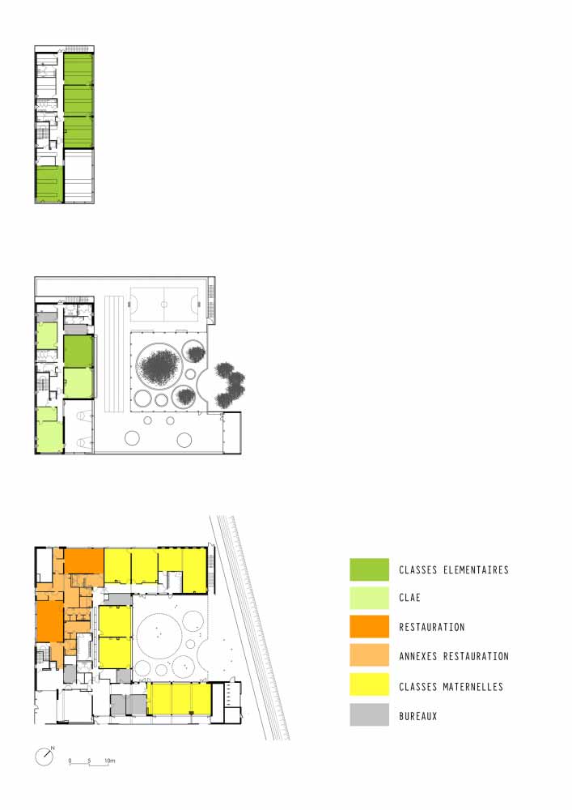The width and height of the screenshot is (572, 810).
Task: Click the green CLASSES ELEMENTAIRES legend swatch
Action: point(369,569)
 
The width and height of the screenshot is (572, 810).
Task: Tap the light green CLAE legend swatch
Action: point(369,598)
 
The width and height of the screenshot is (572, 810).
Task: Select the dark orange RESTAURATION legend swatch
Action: point(369,627)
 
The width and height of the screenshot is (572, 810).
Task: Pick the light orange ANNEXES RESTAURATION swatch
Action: point(369,655)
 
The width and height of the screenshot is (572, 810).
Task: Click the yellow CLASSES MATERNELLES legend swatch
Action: point(369,685)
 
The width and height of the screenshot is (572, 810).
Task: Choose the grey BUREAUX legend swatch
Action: point(369,715)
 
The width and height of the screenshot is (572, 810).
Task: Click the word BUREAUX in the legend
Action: point(417,716)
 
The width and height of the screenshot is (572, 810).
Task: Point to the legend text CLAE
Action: point(409,598)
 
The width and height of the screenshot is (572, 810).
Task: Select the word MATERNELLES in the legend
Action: point(473,687)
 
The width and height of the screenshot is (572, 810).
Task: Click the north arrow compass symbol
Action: point(44,757)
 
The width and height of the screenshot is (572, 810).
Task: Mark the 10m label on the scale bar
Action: point(110,761)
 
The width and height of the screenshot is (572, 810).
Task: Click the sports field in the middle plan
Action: point(164,305)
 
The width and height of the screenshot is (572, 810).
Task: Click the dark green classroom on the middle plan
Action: point(78,352)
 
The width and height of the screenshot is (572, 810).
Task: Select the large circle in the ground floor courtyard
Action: point(159,635)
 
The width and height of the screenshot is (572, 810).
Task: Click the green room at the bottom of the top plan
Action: point(49,184)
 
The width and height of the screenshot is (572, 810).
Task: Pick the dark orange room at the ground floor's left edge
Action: point(49,621)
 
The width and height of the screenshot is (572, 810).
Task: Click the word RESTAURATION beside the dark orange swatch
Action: point(432,627)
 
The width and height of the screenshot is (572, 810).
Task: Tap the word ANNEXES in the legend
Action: point(418,657)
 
